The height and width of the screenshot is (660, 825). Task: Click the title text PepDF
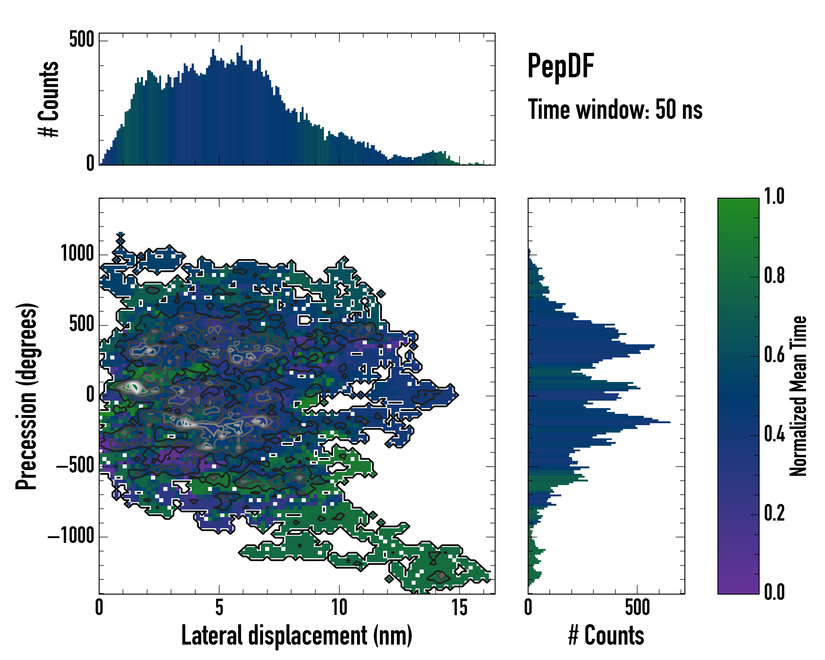point(560,66)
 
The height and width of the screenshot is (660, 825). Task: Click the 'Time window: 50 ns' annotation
point(615,109)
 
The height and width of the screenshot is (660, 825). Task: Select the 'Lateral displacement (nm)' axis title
point(296,636)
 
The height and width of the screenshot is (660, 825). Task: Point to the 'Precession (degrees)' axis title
point(27,396)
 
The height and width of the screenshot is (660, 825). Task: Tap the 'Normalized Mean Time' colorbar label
point(798,396)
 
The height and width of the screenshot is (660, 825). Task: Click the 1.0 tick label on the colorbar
point(774,197)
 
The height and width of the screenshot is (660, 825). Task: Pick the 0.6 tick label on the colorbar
point(774,355)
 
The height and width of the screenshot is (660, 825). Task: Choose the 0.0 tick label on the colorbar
point(774,592)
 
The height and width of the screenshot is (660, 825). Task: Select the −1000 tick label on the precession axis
point(71,536)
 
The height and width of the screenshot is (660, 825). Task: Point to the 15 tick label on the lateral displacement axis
point(459,607)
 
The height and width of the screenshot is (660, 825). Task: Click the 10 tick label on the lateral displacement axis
point(339,607)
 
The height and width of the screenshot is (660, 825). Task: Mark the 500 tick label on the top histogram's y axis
point(81,39)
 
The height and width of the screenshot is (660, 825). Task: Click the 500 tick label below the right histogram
point(637,607)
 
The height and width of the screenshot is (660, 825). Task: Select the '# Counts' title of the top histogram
point(49,99)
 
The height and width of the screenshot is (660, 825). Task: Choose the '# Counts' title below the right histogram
point(606,636)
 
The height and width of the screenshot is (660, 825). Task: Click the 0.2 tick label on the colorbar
point(774,513)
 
